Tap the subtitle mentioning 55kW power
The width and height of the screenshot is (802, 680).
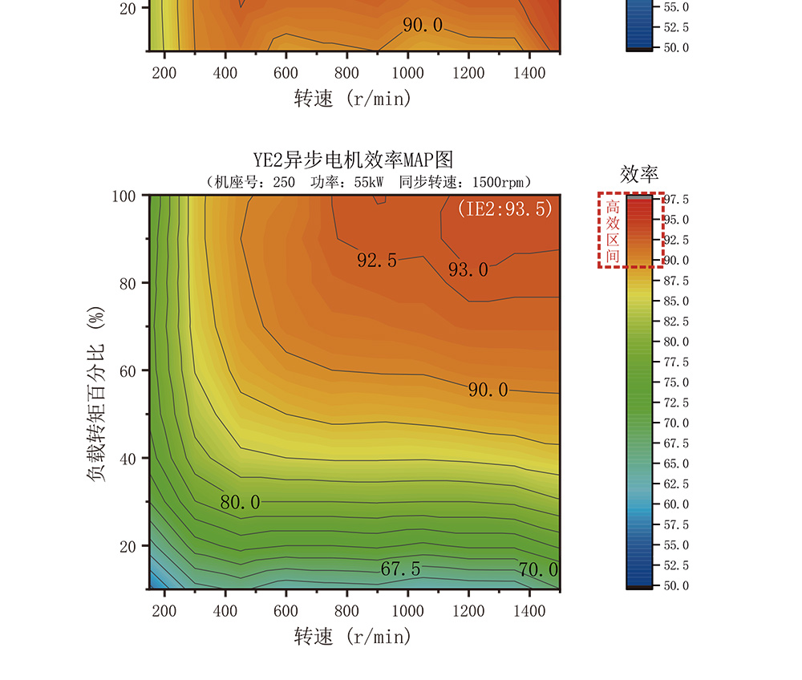point(369,182)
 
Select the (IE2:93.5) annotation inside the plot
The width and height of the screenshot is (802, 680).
point(505,209)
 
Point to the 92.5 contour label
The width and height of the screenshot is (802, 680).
point(377,261)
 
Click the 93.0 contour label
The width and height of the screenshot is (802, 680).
point(468,269)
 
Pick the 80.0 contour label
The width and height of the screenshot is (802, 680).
point(241,503)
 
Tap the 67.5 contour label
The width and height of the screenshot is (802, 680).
point(401,569)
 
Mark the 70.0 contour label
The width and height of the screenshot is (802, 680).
point(538,570)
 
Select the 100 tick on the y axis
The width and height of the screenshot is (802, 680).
point(131,196)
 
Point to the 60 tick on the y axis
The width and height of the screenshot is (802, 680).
point(134,370)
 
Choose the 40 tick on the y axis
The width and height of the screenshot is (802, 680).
point(134,458)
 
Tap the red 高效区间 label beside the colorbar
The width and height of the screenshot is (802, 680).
point(613,231)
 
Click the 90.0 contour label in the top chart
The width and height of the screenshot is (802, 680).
point(423,26)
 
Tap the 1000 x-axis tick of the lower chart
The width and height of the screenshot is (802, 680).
point(407,611)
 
